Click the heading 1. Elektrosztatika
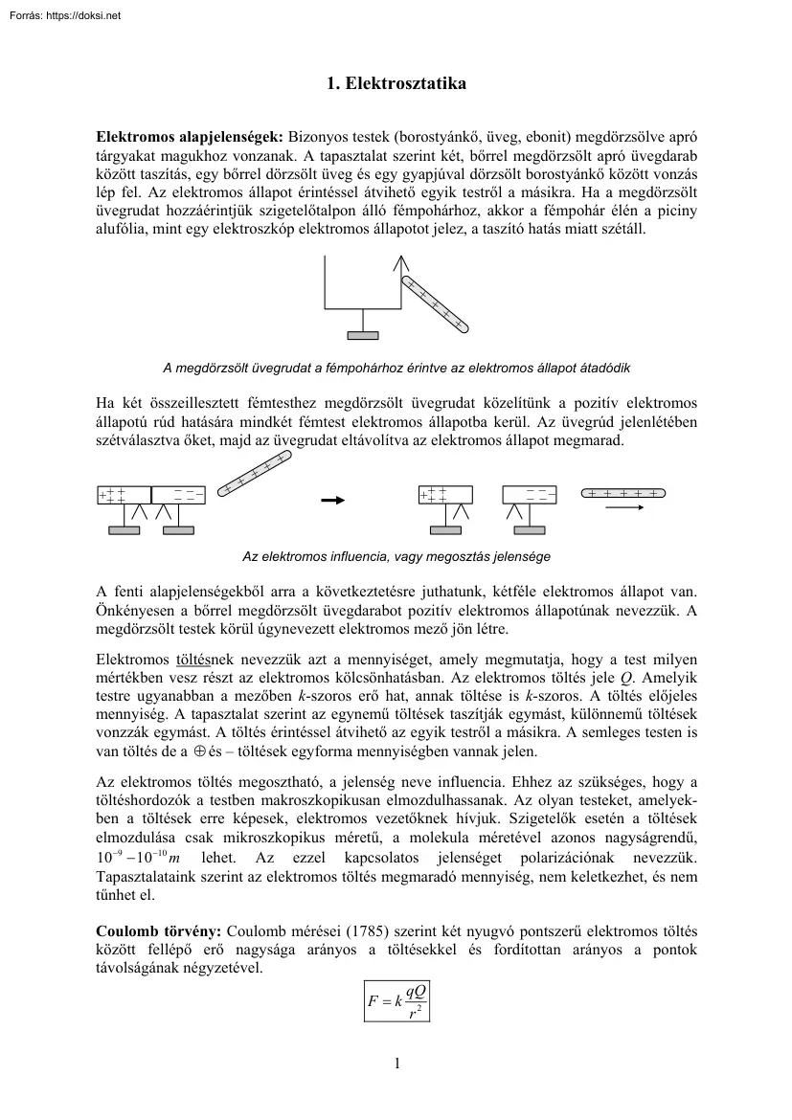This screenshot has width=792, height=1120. click(x=396, y=84)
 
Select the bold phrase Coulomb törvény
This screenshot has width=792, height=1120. click(x=157, y=930)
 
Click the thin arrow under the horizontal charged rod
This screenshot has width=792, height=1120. click(x=624, y=508)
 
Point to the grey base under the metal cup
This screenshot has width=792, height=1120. click(x=361, y=335)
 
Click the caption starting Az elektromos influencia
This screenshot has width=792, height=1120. click(x=396, y=556)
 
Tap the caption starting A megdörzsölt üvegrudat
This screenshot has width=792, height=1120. click(x=396, y=368)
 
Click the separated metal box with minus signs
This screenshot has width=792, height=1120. click(x=530, y=495)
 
